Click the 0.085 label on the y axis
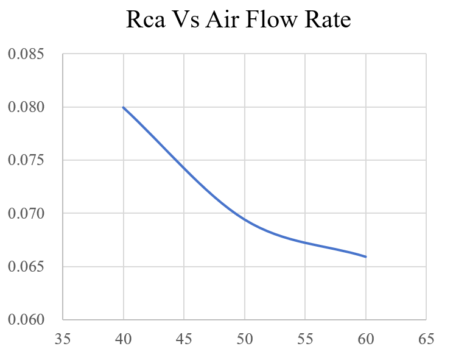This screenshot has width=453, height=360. [x=26, y=54]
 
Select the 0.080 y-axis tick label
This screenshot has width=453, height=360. [x=26, y=107]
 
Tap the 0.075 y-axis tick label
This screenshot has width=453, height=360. [x=26, y=160]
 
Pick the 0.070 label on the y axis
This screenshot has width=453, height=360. [x=26, y=213]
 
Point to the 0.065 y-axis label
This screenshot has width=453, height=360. [x=26, y=267]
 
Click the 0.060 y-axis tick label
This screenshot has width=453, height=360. [x=26, y=320]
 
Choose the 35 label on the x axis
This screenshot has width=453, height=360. [x=63, y=339]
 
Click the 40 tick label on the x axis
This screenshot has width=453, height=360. [x=124, y=339]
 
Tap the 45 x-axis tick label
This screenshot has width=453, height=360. [x=184, y=339]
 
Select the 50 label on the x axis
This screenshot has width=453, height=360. [x=244, y=339]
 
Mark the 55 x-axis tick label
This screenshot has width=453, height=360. [x=304, y=339]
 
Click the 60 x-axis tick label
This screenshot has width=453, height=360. [x=365, y=339]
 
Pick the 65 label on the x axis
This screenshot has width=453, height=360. [x=426, y=339]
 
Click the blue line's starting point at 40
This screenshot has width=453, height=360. [x=124, y=107]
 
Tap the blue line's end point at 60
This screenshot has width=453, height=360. [x=365, y=256]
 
